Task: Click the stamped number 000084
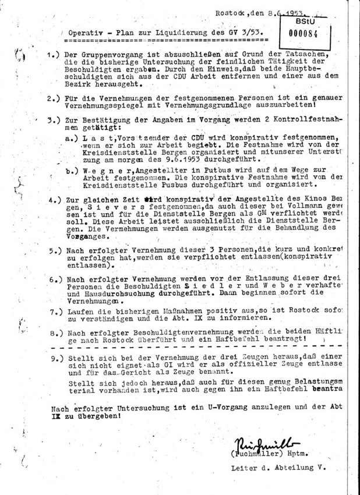click(x=303, y=33)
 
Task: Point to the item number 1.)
click(x=55, y=54)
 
